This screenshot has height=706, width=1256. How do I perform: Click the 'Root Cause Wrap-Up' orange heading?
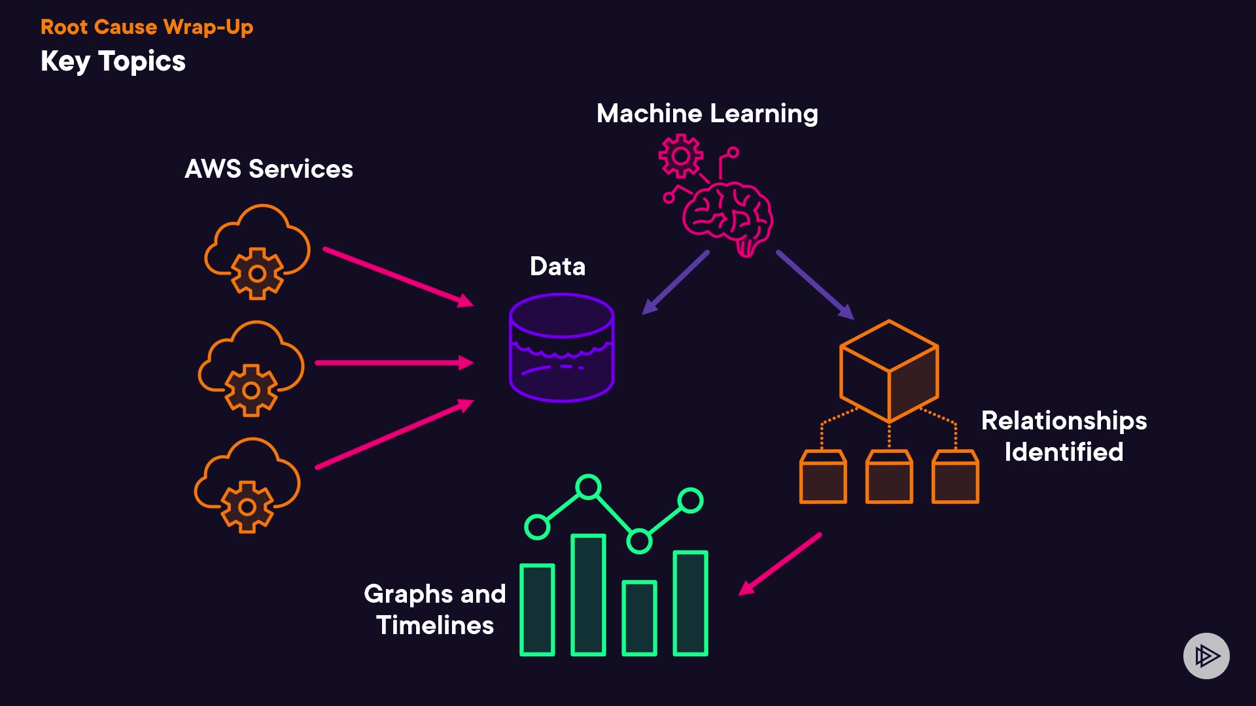(x=147, y=27)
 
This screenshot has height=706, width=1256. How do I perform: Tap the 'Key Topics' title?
(x=113, y=61)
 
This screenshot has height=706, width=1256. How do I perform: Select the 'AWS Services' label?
(x=269, y=169)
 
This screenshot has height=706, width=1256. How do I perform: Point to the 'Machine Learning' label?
(x=707, y=114)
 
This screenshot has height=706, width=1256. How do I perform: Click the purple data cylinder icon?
(x=561, y=347)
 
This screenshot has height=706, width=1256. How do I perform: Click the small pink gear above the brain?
(x=680, y=156)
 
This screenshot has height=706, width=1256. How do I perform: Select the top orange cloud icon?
(x=257, y=252)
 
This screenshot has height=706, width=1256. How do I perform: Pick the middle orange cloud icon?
(x=251, y=368)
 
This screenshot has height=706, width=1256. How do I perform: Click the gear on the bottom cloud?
(x=247, y=507)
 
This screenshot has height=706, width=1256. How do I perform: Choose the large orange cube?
(x=889, y=371)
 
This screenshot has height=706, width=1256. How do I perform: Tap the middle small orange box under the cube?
(x=889, y=477)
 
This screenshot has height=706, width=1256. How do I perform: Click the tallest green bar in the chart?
(x=588, y=594)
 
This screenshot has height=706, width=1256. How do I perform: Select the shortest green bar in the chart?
(x=639, y=618)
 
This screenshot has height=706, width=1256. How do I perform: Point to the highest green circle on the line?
(x=588, y=487)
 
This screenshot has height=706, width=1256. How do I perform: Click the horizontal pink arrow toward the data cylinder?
(x=394, y=363)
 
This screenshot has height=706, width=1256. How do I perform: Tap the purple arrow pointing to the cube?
(x=815, y=284)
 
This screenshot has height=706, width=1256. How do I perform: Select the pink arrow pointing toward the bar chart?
(x=780, y=564)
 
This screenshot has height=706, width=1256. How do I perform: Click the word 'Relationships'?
(x=1064, y=421)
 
